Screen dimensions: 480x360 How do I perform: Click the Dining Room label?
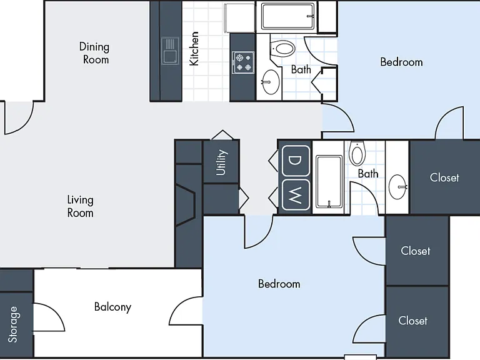coord(94,53)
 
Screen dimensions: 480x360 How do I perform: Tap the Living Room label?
coord(80,206)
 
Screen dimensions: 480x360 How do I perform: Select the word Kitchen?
coord(194,48)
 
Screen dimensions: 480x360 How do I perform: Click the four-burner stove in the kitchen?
coord(243,62)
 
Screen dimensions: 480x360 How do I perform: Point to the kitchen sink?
coord(170,51)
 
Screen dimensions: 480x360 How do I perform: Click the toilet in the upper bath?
coord(283,48)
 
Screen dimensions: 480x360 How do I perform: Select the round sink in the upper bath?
coord(271,82)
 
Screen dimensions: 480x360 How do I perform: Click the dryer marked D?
coord(296,161)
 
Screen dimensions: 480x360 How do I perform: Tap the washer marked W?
coord(296,195)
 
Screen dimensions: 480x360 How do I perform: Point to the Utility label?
coord(221,162)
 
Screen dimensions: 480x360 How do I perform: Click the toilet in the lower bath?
coord(357,153)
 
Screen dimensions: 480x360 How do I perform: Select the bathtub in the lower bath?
coord(329,181)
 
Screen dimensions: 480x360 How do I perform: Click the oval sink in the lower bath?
coord(398,187)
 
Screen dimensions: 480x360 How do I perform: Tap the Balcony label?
coord(113,307)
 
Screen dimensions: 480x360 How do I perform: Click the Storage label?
coord(13,324)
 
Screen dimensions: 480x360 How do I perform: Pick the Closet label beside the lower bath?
coord(444,177)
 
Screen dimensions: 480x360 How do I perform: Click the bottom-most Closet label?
coord(412,321)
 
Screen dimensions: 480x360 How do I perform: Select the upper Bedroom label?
coord(402,62)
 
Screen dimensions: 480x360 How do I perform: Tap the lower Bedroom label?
coord(279,284)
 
